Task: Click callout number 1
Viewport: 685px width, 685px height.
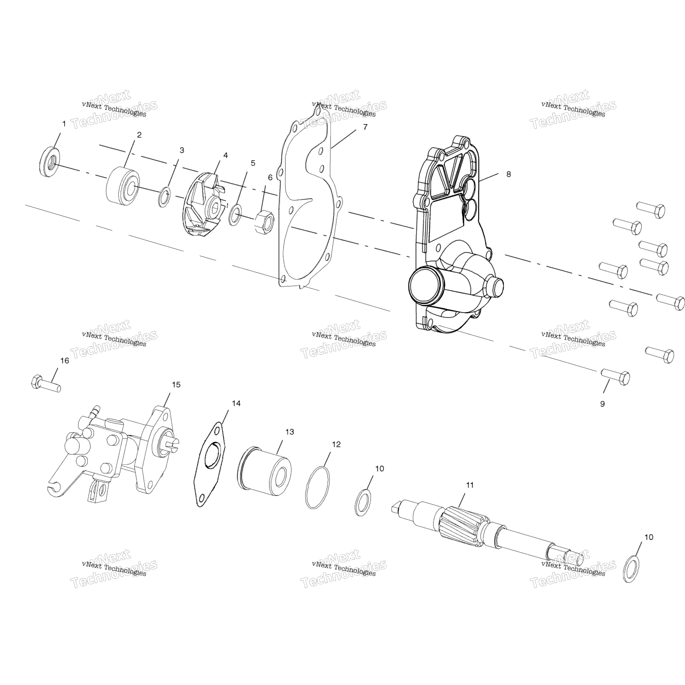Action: pos(64,124)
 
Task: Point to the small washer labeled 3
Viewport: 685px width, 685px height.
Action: pos(164,198)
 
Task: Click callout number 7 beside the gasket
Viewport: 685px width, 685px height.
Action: pos(365,127)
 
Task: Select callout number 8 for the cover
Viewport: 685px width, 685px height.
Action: pos(508,174)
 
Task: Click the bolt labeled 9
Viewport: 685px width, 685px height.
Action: pos(615,377)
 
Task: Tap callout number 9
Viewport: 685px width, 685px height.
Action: pos(602,404)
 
